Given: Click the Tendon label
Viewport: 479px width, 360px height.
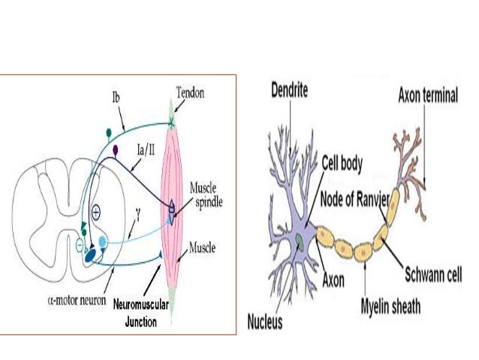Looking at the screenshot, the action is (190, 92).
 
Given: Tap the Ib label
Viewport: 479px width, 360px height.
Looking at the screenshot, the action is (116, 98).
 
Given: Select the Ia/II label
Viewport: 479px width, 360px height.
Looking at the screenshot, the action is (146, 150).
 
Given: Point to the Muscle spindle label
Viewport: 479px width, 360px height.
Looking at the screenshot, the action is (206, 195).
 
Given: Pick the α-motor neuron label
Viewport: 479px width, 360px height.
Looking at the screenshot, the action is (77, 300).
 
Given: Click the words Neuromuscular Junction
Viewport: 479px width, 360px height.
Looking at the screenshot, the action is (141, 313).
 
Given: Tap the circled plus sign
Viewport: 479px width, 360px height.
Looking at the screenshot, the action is (96, 212).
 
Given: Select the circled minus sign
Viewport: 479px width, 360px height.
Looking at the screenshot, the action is (79, 245).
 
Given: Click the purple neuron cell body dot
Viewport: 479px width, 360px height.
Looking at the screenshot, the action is (115, 150).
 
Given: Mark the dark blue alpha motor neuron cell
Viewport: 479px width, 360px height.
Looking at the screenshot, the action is (90, 256).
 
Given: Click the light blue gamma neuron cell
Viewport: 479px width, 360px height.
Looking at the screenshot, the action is (103, 242).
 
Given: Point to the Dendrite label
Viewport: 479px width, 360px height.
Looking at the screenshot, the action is (289, 90).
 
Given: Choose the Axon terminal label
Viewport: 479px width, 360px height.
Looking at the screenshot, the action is (428, 95).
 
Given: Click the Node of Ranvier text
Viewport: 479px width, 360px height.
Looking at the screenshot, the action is (354, 199).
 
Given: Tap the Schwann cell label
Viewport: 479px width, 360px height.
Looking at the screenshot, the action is (433, 274).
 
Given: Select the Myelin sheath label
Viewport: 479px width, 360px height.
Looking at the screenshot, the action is (390, 306).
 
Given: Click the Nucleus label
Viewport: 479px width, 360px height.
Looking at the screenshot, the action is (264, 322).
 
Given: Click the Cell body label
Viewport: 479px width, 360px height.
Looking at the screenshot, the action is (342, 163).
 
